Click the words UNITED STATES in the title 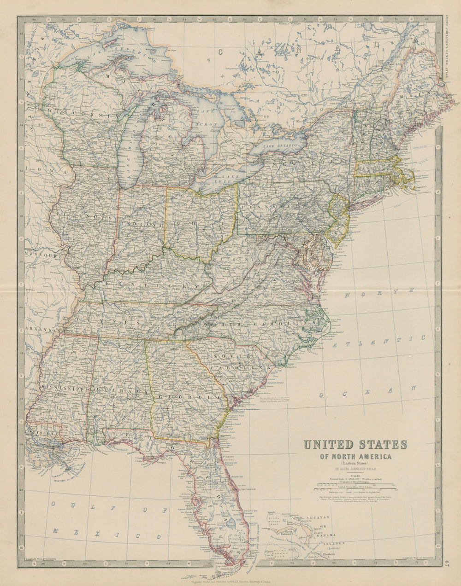(355, 445)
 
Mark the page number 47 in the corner (448, 562)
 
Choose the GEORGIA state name (189, 397)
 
